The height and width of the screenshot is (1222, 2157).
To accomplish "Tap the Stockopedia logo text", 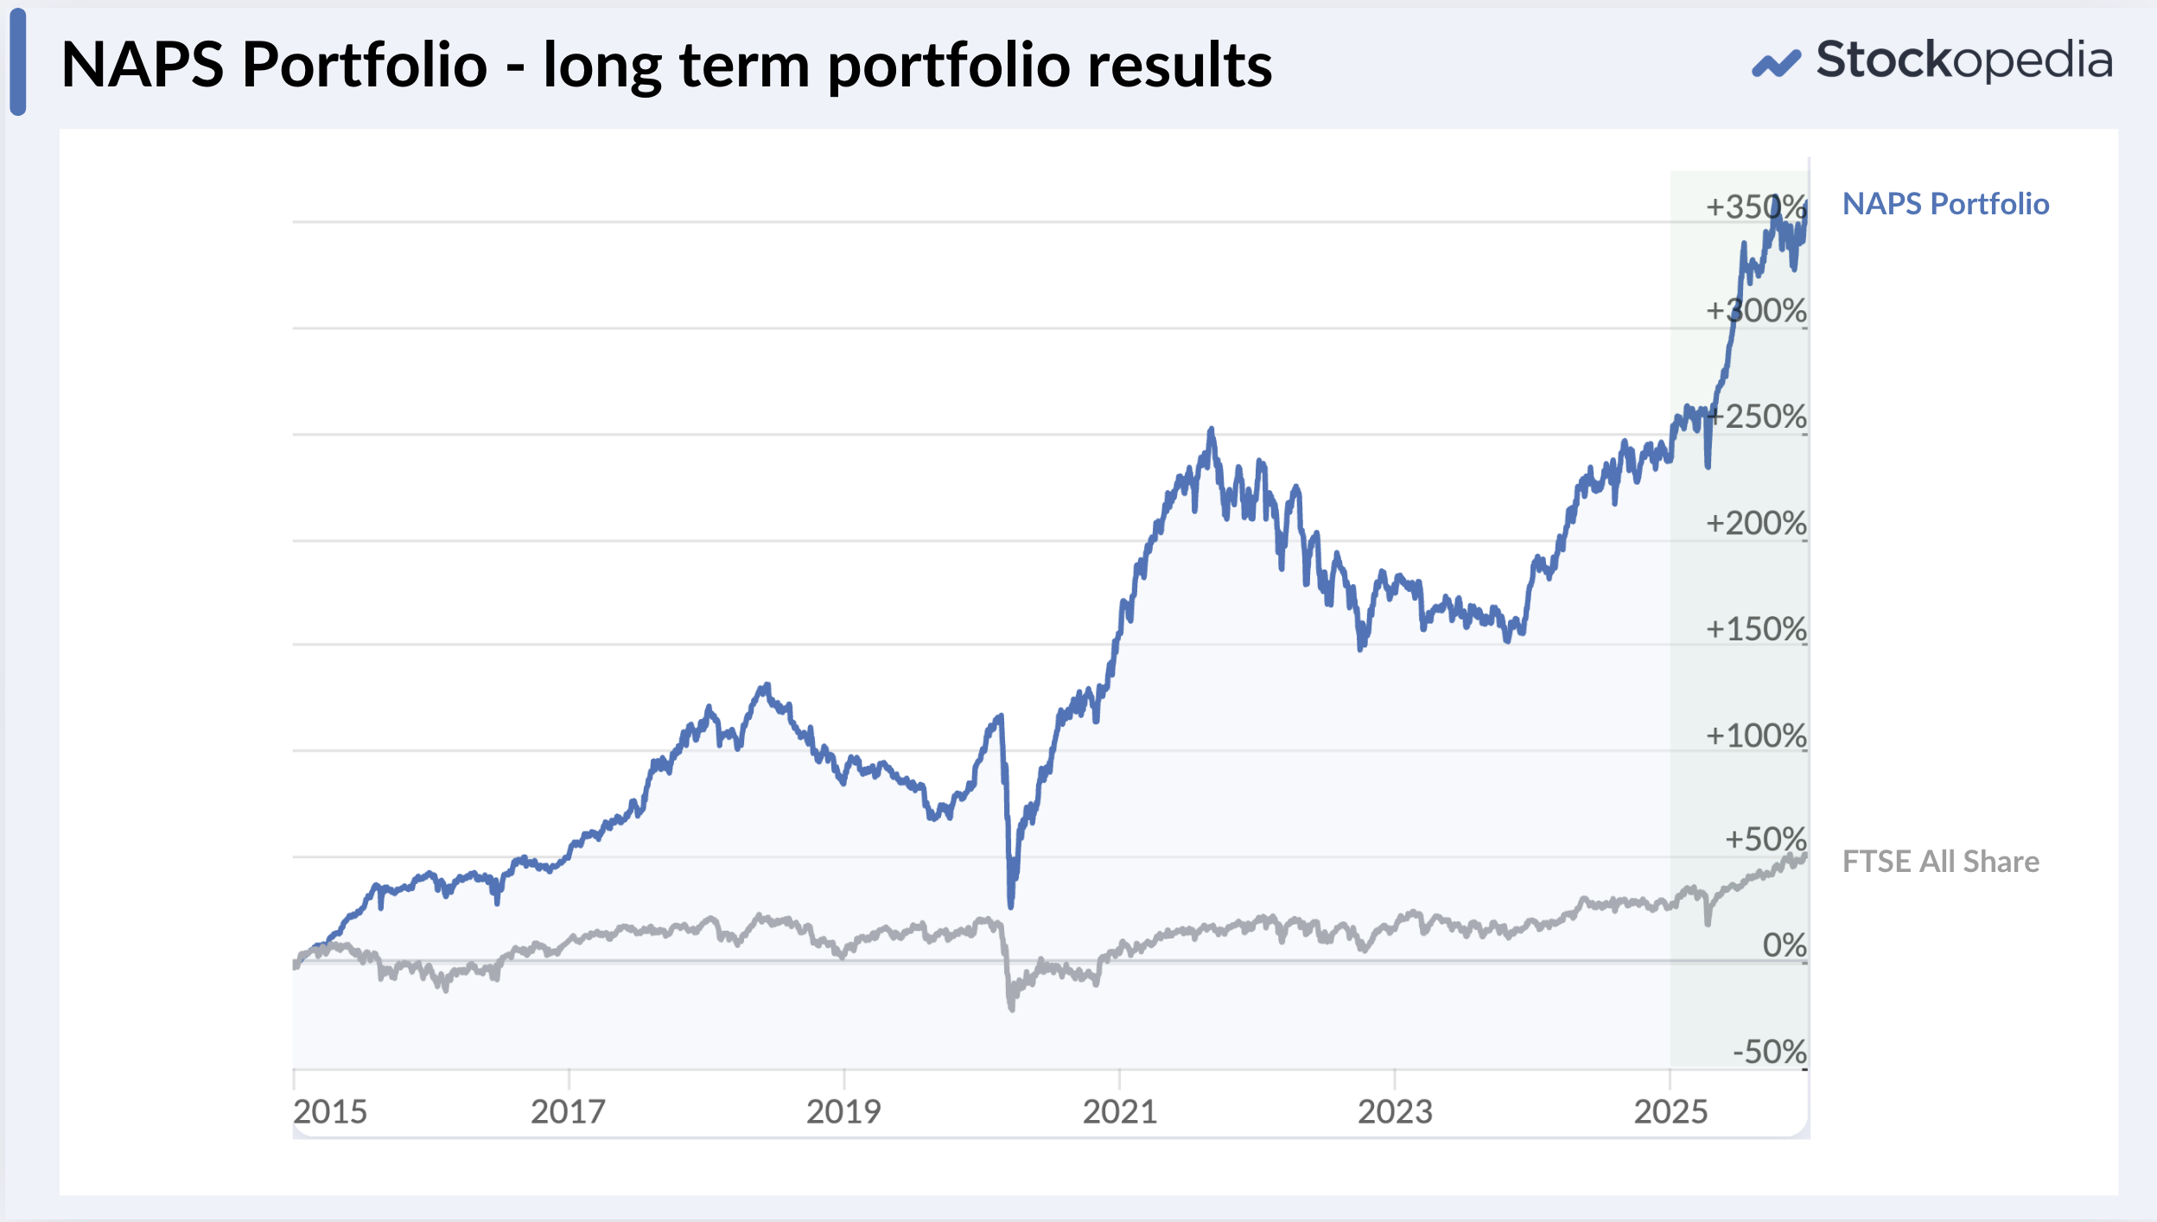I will coord(1964,60).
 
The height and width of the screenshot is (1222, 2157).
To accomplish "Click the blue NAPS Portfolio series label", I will coord(1945,204).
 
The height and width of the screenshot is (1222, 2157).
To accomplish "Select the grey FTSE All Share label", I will coord(1940,862).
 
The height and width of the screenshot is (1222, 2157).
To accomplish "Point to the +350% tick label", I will coord(1755,207).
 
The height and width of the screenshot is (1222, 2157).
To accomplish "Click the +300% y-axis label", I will coord(1755,311).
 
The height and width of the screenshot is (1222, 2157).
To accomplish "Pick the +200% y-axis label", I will coord(1755,524).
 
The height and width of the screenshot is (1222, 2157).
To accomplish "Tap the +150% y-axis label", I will coord(1755,630).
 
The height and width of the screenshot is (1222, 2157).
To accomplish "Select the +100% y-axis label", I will coord(1755,736).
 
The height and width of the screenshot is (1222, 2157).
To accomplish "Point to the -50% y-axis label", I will coord(1769,1053).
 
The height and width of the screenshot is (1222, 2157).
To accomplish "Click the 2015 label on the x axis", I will coord(330,1112).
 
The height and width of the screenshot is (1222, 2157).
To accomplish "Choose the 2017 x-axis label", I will coord(568,1112).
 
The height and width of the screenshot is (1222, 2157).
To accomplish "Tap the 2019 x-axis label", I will coord(843,1112).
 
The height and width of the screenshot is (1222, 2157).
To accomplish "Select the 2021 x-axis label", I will coord(1119,1112).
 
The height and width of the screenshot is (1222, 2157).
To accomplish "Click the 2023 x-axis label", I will coord(1395,1112).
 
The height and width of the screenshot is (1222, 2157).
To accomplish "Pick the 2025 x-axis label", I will coord(1670,1112).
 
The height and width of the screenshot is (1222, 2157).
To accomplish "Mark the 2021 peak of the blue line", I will coord(1211,430).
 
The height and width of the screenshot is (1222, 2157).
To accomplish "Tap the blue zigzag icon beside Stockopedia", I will coord(1776,64).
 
